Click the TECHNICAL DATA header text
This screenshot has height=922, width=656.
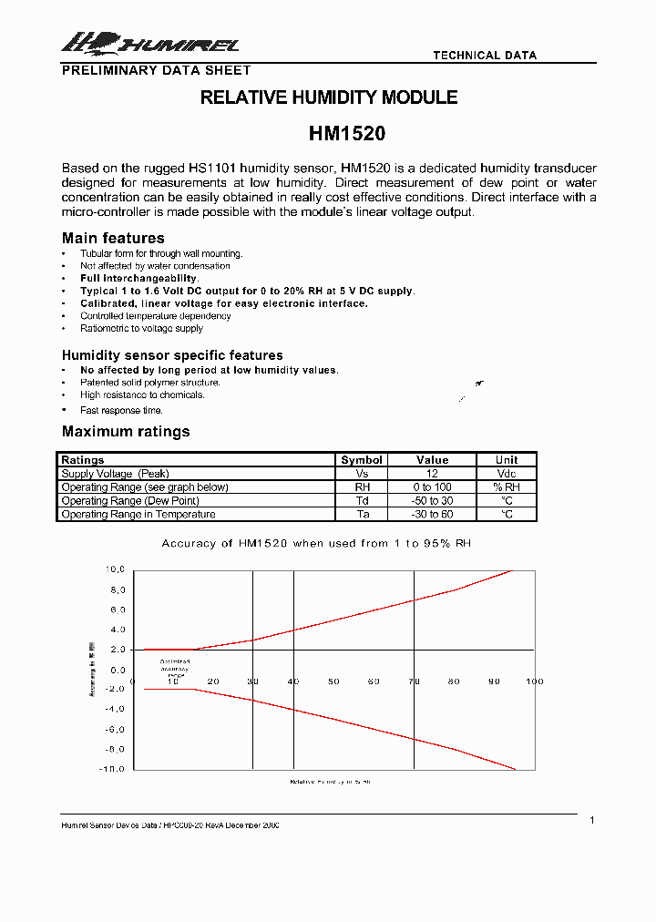coord(485,56)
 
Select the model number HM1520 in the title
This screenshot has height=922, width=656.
coord(347,133)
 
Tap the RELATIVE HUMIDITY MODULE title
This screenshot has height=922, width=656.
coord(329,97)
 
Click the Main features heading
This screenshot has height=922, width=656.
coord(113,239)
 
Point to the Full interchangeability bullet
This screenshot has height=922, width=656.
coord(139,279)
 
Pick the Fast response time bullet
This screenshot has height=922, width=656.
coord(121,411)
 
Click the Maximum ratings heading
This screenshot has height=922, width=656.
coord(126,432)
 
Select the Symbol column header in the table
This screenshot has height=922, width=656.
coord(362,460)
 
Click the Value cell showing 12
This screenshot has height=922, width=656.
coord(433,474)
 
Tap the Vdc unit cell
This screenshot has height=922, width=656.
coord(507,474)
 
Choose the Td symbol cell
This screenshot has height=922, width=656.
coord(362,501)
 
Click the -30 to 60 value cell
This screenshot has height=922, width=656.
coord(433,515)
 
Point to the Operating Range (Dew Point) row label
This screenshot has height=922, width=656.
coord(130,501)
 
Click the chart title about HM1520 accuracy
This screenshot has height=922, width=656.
coord(316,543)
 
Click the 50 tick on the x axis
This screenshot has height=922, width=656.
coord(333,681)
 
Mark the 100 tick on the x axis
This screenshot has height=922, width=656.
coord(533,681)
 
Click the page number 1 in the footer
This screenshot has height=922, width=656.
coord(591,821)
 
